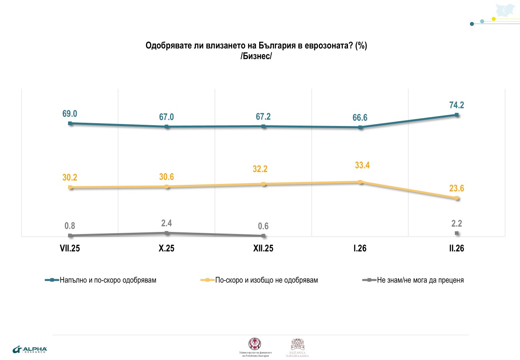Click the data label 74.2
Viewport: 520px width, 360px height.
click(456, 105)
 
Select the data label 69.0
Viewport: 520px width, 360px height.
click(70, 114)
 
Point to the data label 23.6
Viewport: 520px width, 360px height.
click(456, 189)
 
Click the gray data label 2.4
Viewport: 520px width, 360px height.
click(166, 223)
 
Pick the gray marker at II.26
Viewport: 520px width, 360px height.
click(457, 233)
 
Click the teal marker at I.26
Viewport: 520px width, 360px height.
click(360, 128)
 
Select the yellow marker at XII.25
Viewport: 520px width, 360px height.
click(264, 184)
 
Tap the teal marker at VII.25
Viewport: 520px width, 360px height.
click(70, 123)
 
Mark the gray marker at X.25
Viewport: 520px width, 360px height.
click(167, 232)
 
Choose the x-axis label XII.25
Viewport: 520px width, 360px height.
click(263, 249)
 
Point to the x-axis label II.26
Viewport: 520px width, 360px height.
click(456, 249)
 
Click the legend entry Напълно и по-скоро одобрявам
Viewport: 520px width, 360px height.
click(108, 280)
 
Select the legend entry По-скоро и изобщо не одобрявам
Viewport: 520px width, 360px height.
click(266, 280)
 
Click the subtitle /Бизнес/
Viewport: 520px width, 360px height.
click(256, 56)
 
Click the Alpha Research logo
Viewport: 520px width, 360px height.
click(30, 350)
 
